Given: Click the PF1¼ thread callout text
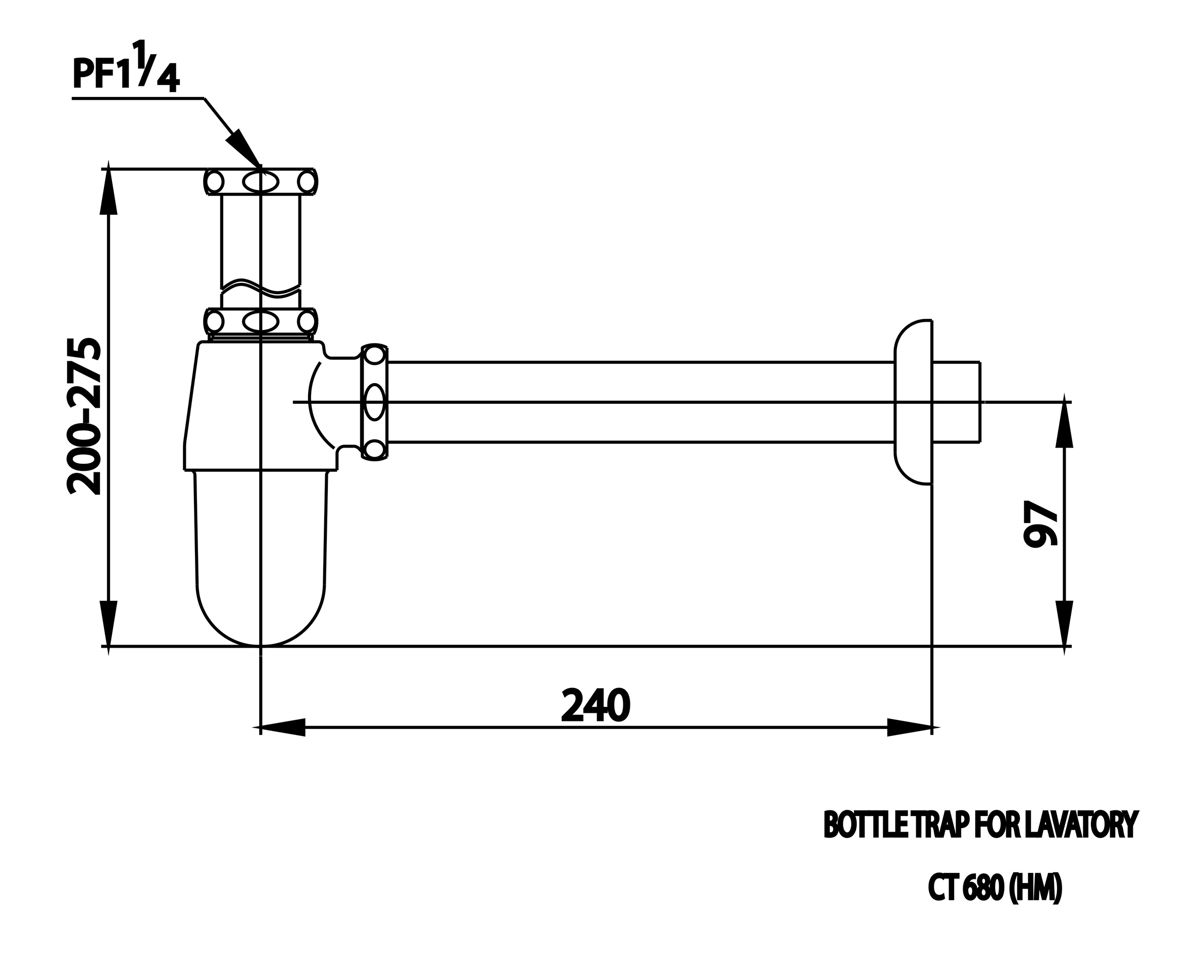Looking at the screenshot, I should (x=126, y=70).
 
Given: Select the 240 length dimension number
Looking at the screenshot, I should (x=595, y=706).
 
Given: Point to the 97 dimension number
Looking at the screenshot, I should (x=1040, y=523).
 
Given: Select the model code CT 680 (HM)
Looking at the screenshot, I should (x=995, y=888).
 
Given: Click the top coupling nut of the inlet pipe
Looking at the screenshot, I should (x=261, y=181).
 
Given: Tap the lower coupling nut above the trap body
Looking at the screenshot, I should (x=261, y=321).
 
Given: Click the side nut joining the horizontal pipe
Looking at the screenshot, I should (x=374, y=402).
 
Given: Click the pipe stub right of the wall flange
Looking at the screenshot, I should (x=956, y=402).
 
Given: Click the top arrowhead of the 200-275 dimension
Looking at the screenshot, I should (x=109, y=189).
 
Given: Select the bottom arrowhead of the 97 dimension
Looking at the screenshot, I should (x=1064, y=624).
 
